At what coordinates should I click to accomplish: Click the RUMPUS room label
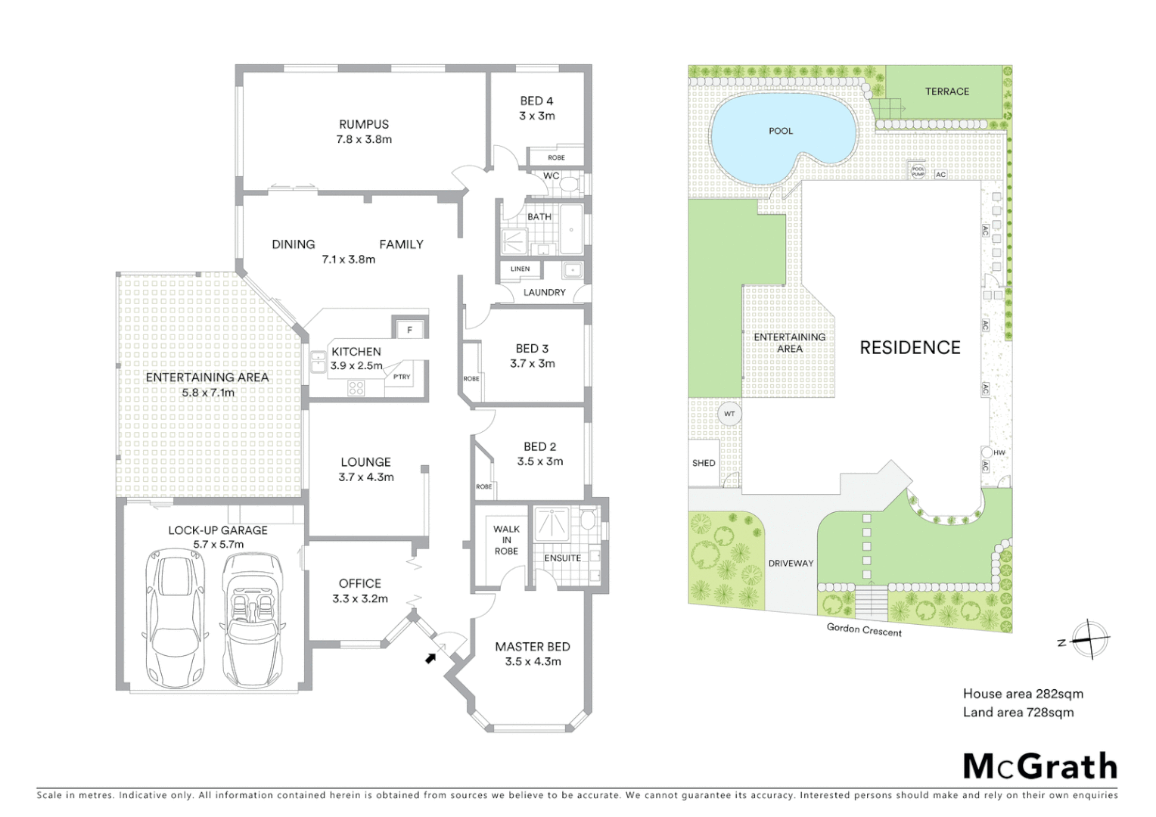point(364,124)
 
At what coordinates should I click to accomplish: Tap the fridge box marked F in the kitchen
point(409,329)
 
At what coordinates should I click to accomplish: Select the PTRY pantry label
point(401,377)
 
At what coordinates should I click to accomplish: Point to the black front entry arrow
point(431,657)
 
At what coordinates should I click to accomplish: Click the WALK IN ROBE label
point(506,539)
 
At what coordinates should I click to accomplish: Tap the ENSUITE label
point(563,558)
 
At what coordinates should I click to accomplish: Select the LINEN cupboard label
point(520,269)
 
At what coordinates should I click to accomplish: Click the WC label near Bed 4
point(552,176)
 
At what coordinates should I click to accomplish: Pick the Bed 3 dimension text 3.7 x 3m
point(532,363)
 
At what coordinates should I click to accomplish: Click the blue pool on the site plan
point(779,136)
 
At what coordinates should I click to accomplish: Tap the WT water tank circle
point(729,414)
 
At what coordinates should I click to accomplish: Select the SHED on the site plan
point(704,463)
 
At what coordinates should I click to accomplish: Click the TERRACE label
point(946,92)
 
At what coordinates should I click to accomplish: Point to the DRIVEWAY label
point(791,564)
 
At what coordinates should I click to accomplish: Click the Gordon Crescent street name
point(864,629)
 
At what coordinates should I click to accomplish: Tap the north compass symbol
point(1088,640)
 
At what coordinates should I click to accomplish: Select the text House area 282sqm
point(1023,694)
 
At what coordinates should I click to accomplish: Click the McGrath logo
point(1040,766)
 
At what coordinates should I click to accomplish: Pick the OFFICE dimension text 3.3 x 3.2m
point(360,598)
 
